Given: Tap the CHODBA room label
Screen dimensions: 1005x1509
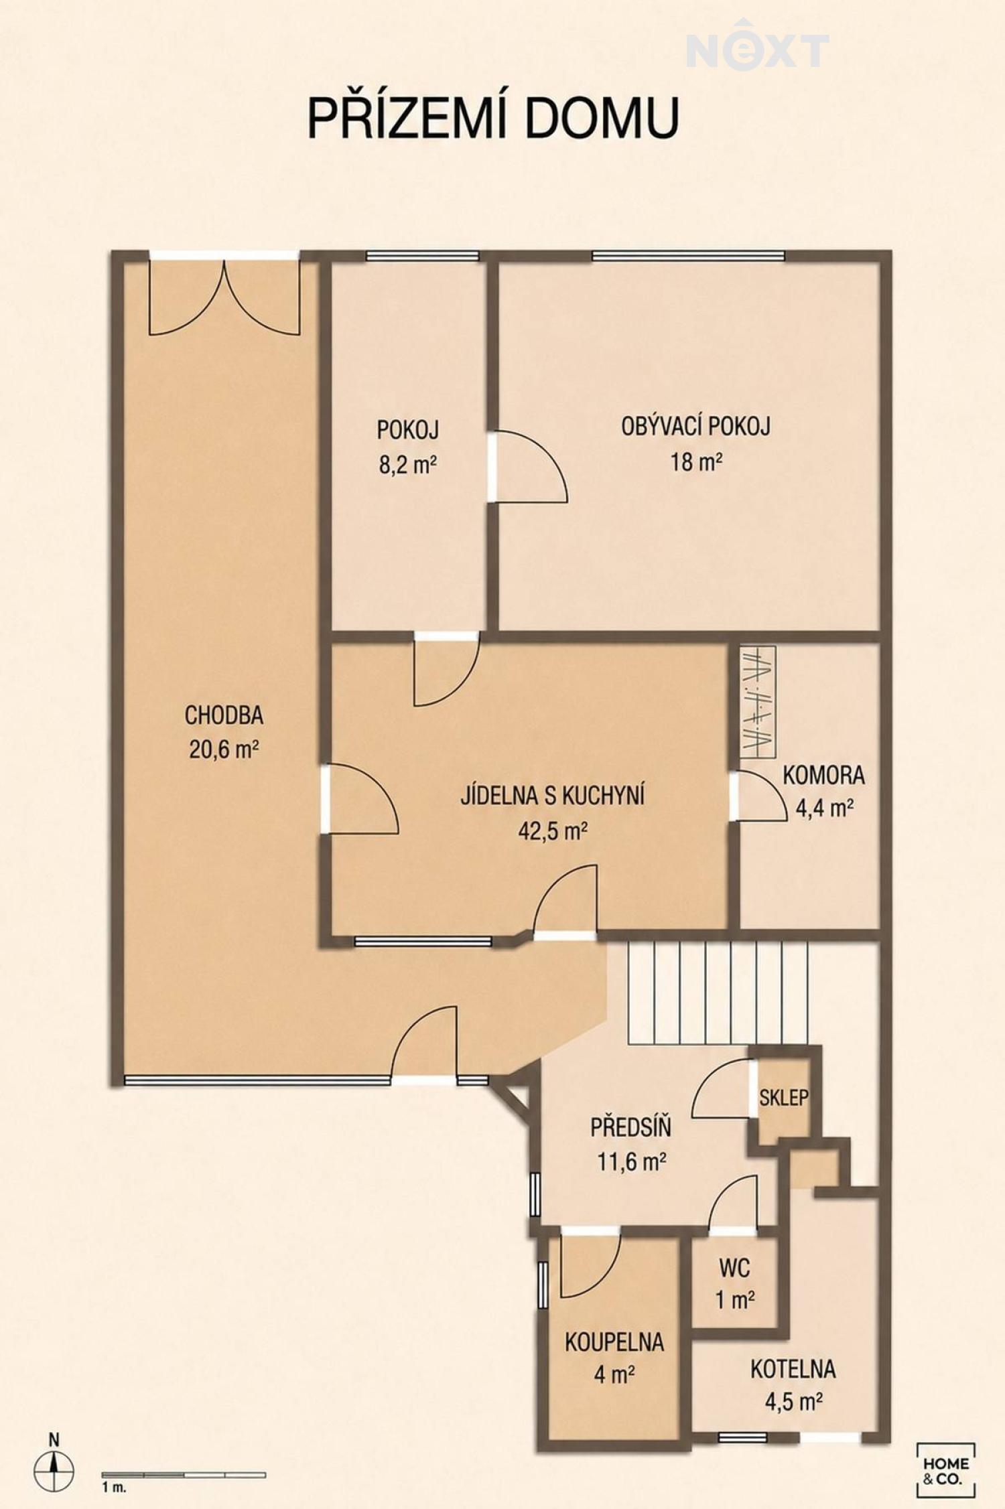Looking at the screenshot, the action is click(x=224, y=715).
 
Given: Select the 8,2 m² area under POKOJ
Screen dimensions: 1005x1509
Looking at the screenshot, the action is click(x=408, y=464).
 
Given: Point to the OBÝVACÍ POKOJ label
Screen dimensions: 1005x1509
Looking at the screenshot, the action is click(x=695, y=427).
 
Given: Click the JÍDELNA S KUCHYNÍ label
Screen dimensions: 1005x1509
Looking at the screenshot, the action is click(x=553, y=796).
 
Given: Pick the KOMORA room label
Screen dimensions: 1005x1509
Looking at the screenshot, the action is click(x=823, y=775).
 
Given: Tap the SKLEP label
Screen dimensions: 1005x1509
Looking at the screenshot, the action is click(x=784, y=1097).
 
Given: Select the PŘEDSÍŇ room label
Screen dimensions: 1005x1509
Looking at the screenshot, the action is click(x=630, y=1127).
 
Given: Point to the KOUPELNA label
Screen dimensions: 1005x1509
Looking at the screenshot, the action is click(x=614, y=1342).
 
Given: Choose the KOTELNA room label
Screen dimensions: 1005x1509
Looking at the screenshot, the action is click(x=793, y=1369).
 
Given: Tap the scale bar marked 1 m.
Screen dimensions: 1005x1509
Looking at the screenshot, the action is click(x=184, y=1475).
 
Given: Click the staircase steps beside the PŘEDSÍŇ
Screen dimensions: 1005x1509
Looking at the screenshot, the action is click(x=718, y=993).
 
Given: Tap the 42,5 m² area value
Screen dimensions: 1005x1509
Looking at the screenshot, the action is click(x=553, y=831).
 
